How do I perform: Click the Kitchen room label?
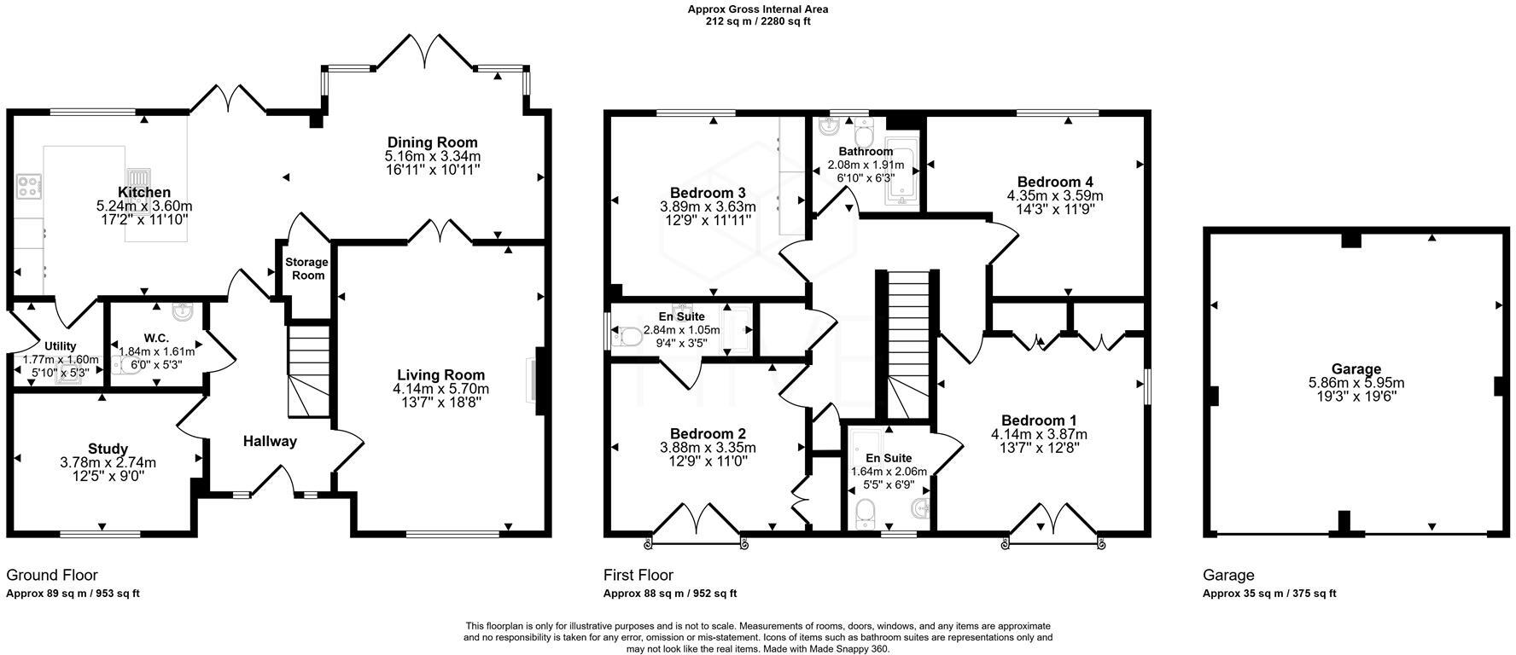click(144, 193)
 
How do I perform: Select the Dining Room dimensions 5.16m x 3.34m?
click(432, 157)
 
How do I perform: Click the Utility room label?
click(61, 346)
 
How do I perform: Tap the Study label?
click(108, 449)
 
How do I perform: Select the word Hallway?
click(270, 441)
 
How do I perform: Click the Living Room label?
click(440, 374)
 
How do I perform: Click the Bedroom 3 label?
click(708, 193)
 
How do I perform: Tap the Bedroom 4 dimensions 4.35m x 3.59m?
click(1054, 195)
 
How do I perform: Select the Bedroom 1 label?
click(1038, 420)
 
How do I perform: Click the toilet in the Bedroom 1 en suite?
click(866, 513)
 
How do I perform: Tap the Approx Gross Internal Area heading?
click(758, 9)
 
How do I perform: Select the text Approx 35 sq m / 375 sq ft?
click(1269, 594)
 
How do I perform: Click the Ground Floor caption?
click(51, 576)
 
